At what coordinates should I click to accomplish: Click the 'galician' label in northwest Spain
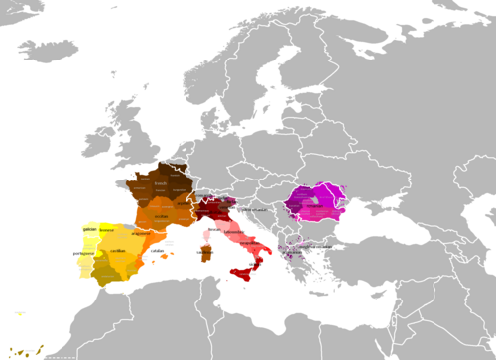click(90, 227)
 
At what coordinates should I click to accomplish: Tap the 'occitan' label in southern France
click(159, 212)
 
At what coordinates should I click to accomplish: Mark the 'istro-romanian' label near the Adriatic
click(260, 210)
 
